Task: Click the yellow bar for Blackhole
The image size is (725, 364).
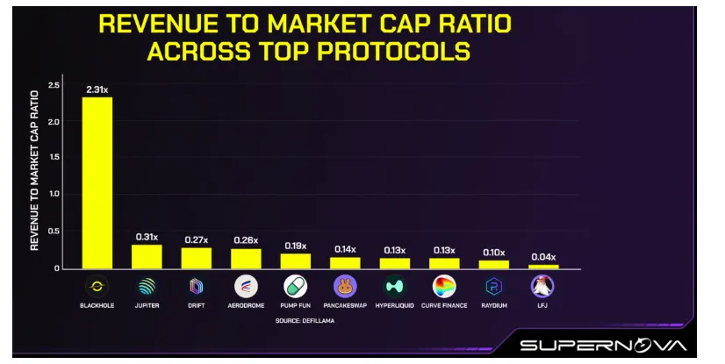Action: click(x=97, y=182)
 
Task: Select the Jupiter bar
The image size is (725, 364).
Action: click(x=147, y=256)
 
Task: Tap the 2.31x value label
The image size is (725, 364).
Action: click(x=97, y=89)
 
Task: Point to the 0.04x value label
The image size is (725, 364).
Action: click(x=543, y=256)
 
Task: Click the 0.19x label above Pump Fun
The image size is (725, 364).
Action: click(x=295, y=245)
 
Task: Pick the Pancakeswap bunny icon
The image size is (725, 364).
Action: click(x=345, y=286)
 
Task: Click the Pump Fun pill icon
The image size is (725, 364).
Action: click(x=295, y=286)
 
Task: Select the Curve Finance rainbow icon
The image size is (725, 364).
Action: click(x=444, y=286)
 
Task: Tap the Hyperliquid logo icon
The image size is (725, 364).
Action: click(x=395, y=286)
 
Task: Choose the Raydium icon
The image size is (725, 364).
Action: click(x=493, y=286)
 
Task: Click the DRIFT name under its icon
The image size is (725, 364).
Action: click(x=196, y=305)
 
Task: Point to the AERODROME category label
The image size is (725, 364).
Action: click(x=246, y=305)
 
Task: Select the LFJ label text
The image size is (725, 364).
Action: click(x=543, y=305)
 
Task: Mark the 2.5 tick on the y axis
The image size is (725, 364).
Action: click(x=54, y=85)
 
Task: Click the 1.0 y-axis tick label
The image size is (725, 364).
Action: click(x=54, y=194)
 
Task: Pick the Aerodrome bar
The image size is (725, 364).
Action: click(x=246, y=258)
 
